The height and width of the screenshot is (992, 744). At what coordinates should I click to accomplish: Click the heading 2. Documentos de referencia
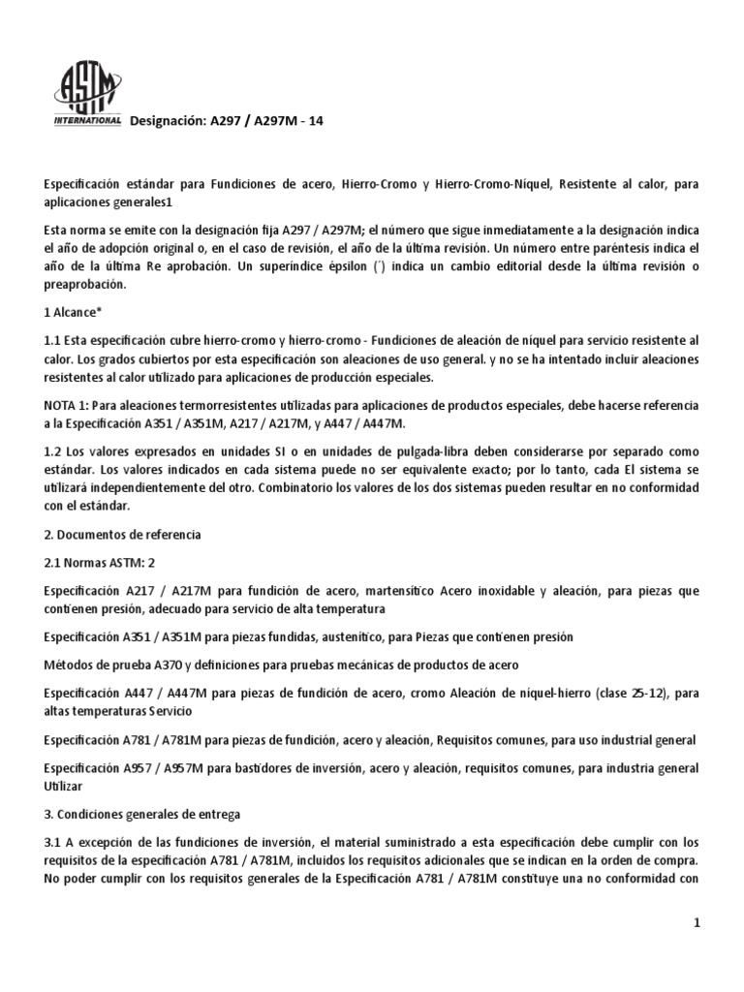pyautogui.click(x=122, y=534)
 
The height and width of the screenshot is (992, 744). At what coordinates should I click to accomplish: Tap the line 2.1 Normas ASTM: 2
pyautogui.click(x=104, y=563)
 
